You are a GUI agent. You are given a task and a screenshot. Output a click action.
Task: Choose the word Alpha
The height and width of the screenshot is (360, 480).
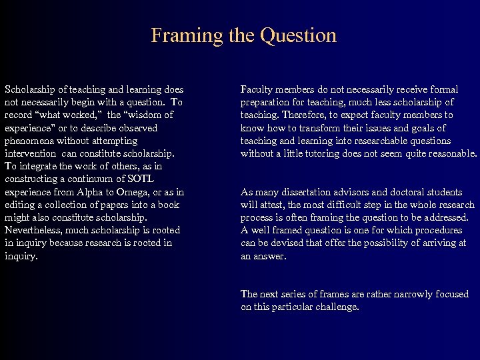[87, 191]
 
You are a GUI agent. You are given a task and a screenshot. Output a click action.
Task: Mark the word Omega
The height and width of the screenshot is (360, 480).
[131, 191]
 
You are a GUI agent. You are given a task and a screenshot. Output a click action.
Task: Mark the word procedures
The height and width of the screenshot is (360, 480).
[437, 230]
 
